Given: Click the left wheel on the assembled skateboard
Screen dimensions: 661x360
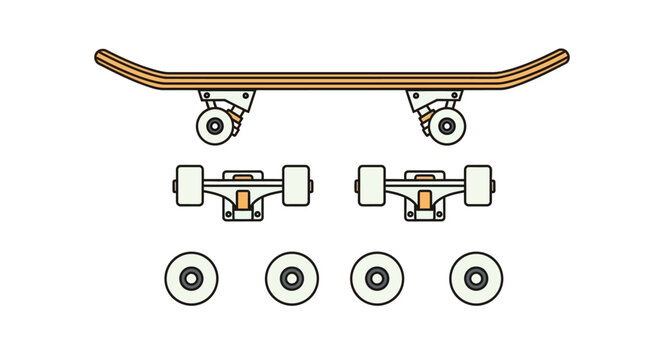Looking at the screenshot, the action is (x=212, y=127).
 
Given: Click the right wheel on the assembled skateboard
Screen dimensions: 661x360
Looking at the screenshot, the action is (x=446, y=127).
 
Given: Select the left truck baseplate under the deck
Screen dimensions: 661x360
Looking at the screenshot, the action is (x=226, y=96).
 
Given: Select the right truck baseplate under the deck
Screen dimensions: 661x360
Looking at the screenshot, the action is (x=434, y=96).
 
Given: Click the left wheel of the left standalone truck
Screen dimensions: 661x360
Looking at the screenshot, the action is (x=188, y=185).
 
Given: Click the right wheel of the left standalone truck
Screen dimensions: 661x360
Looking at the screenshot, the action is (x=295, y=185).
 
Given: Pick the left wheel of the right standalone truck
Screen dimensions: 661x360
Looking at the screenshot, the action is (x=371, y=185).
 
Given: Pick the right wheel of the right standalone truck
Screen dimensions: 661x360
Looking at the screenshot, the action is (x=478, y=185).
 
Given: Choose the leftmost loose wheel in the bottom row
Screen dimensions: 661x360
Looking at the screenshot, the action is (x=190, y=278).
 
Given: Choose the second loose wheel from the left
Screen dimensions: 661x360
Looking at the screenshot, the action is (x=291, y=278).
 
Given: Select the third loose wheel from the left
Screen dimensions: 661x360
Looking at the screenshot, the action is (x=377, y=278).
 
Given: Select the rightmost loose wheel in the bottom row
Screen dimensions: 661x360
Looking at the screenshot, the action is (x=476, y=278).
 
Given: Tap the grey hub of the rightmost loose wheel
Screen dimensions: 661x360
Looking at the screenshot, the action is (x=476, y=278).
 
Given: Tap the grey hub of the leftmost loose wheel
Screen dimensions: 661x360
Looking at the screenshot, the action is (x=190, y=278).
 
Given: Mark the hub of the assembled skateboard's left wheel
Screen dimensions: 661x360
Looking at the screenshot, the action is (x=212, y=127).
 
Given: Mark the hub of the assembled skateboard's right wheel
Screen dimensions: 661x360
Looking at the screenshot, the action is (x=446, y=127).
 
